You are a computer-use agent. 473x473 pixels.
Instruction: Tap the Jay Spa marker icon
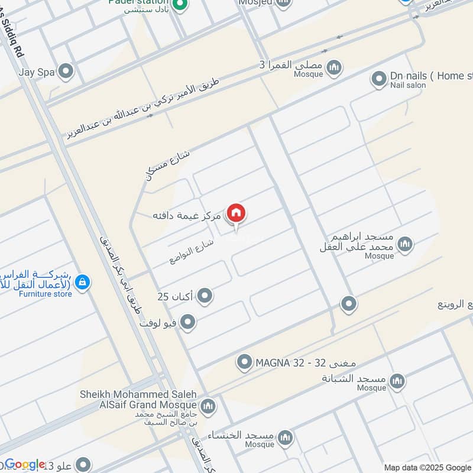pos(66,72)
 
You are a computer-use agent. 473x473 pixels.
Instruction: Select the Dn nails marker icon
pos(379,77)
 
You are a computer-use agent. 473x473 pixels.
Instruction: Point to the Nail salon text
pos(408,86)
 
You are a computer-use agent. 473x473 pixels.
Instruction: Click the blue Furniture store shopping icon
pos(83,283)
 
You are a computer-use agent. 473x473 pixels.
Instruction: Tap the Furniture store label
pos(46,294)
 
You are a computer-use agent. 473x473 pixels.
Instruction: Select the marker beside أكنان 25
pos(205,295)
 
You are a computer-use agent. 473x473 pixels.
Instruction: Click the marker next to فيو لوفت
pos(188,322)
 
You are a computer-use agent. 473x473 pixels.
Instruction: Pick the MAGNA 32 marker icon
pos(245,362)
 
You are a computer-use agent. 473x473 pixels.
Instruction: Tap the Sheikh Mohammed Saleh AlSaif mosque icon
pos(208,406)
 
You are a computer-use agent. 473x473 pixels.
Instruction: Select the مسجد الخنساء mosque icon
pos(286,436)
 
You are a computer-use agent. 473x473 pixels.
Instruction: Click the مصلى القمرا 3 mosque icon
pos(335,67)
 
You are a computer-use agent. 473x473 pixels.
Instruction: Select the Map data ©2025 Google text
pos(427,467)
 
